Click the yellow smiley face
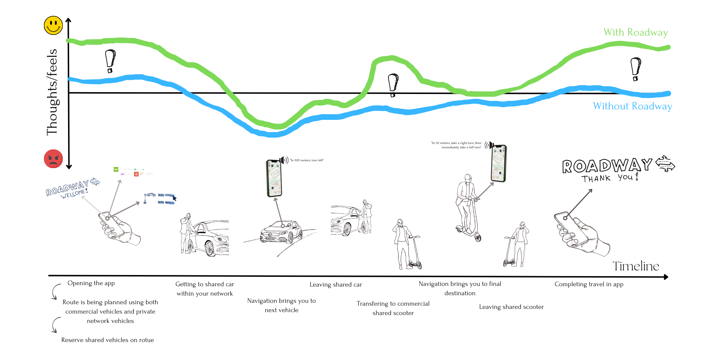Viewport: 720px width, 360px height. (53, 25)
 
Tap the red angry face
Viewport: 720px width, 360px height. (53, 159)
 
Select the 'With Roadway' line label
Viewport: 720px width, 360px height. (635, 32)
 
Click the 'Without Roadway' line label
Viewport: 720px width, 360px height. (633, 106)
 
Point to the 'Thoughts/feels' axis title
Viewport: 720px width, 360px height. (52, 92)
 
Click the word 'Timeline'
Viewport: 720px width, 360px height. (636, 266)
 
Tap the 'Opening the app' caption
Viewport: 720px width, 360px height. (91, 283)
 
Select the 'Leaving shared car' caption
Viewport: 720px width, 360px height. (336, 285)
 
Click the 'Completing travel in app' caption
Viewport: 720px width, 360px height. (589, 284)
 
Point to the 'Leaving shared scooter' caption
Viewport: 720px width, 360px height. (511, 307)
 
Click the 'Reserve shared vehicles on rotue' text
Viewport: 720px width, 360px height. (107, 340)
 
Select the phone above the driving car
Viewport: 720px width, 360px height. (274, 179)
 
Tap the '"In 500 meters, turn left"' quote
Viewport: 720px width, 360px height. (307, 160)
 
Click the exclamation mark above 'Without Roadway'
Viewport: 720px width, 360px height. (635, 69)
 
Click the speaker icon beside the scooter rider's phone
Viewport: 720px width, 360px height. (489, 145)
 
